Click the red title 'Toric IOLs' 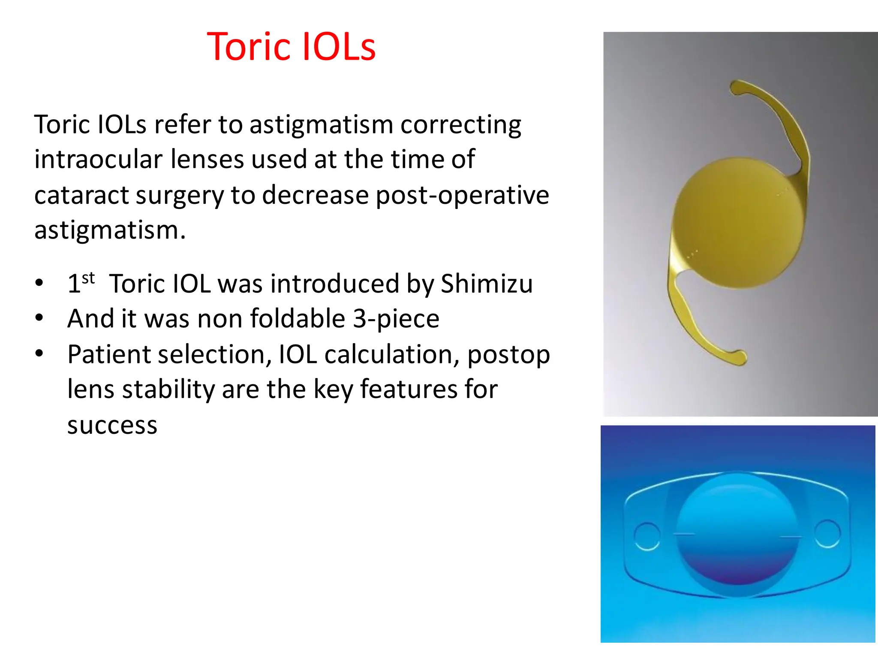[x=291, y=47]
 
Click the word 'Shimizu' [x=487, y=284]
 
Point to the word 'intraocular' [x=98, y=160]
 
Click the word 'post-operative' [x=462, y=195]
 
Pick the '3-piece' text [x=396, y=319]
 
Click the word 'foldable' [x=298, y=319]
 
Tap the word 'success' [x=112, y=425]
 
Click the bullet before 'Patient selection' [x=39, y=354]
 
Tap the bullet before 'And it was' [x=39, y=318]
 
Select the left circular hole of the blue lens [x=646, y=536]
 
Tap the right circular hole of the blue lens [x=827, y=533]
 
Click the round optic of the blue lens [x=737, y=534]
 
